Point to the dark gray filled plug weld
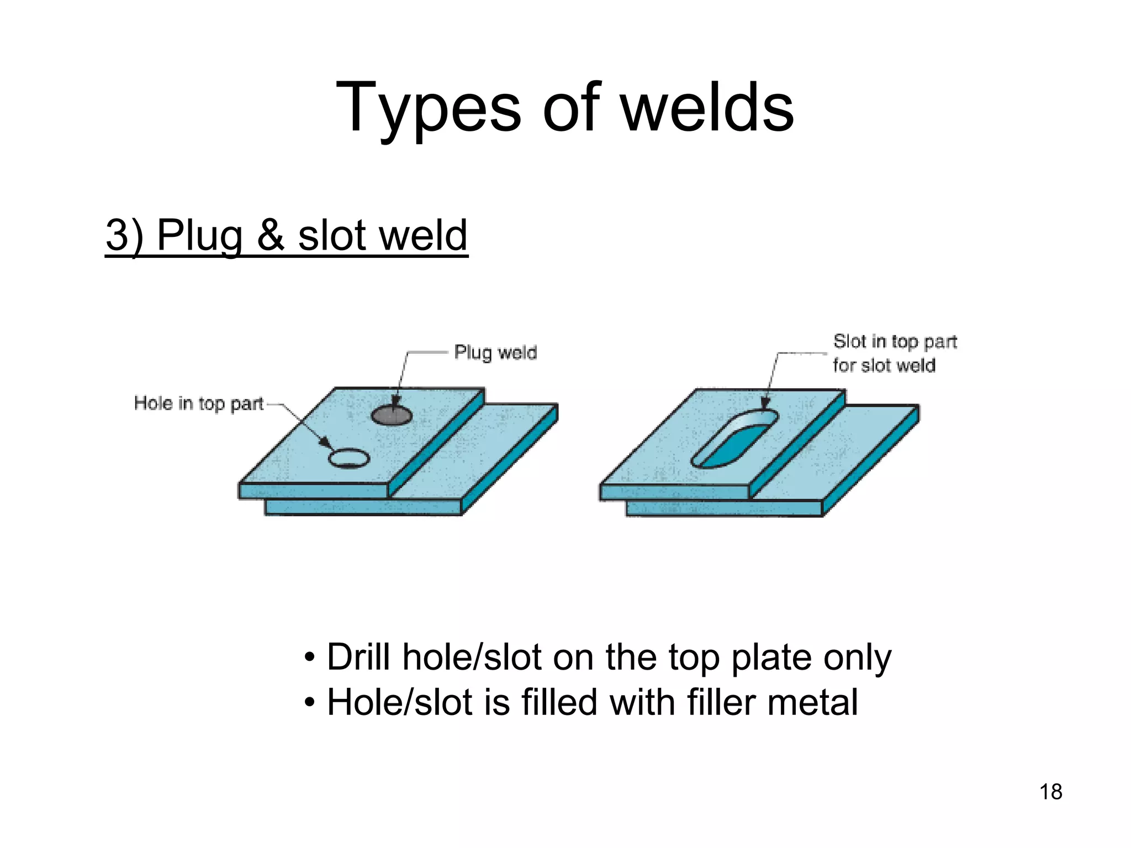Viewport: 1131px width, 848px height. [x=391, y=415]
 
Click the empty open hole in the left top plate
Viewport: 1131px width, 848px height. [x=348, y=458]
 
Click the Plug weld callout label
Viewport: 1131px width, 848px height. [x=495, y=352]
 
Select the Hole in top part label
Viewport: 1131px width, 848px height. [x=199, y=403]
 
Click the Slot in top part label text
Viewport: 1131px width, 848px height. [x=895, y=342]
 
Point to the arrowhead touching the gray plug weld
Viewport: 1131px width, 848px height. [x=395, y=401]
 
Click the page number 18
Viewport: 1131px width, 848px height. [x=1050, y=792]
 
